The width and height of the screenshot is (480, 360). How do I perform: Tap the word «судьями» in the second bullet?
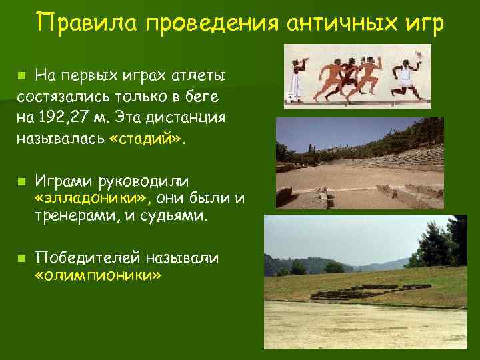click(x=177, y=217)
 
